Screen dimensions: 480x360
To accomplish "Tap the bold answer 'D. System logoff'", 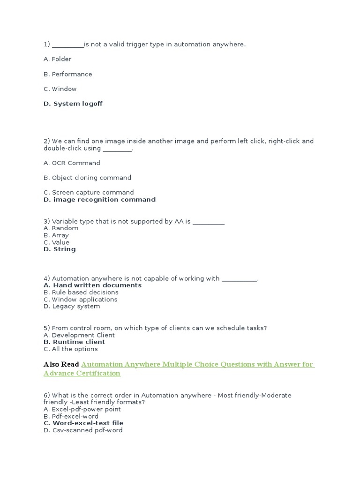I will [73, 104].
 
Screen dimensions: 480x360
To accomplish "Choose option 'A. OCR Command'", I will [72, 163].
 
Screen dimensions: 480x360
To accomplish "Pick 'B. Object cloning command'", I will [87, 178].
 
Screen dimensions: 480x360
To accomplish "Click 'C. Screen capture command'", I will [89, 192].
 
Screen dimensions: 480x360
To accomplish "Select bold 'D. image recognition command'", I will [99, 199].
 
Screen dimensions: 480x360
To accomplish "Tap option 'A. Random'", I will [61, 228].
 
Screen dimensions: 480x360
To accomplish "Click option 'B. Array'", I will [56, 235].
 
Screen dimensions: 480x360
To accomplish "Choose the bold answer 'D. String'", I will [60, 249].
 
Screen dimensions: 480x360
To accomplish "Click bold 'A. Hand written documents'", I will [92, 285].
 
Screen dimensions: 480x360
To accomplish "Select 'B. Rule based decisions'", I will [81, 292].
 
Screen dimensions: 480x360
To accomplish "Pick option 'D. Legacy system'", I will [72, 306].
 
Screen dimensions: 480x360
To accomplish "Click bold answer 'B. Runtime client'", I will [74, 342].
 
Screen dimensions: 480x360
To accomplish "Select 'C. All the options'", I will [70, 349].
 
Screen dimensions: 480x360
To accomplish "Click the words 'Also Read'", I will [61, 364].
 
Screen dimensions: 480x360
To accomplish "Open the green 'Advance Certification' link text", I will [82, 373].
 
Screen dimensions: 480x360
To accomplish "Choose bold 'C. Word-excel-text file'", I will [83, 423].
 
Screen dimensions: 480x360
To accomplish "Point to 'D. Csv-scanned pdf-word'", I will [83, 430].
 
